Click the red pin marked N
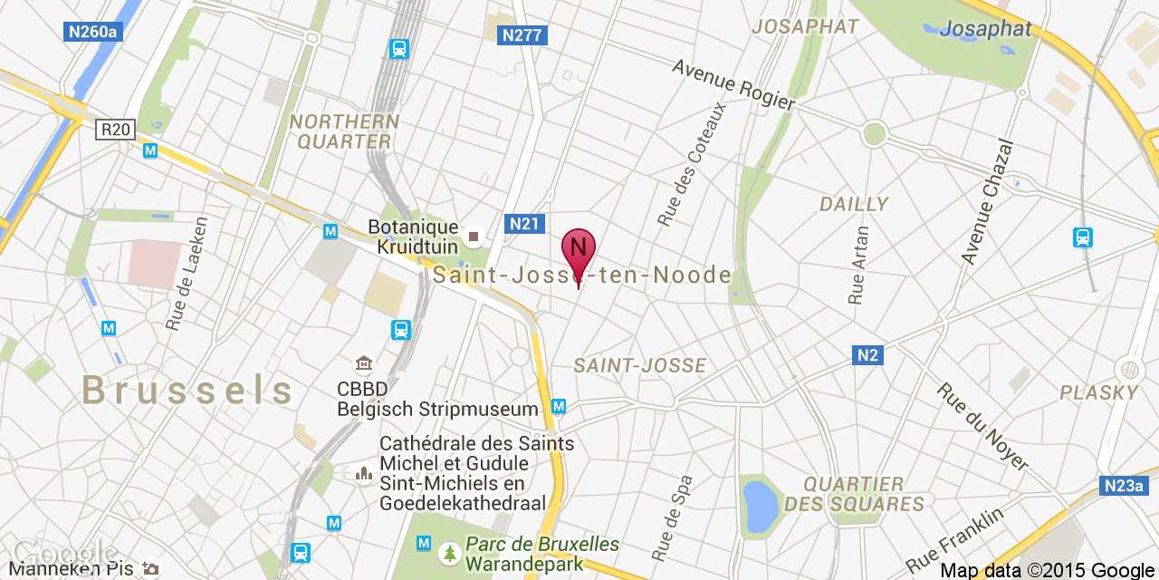(x=579, y=247)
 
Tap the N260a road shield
(x=94, y=32)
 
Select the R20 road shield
(x=115, y=130)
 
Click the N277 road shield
(x=522, y=35)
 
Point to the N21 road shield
(x=525, y=224)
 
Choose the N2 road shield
(x=867, y=355)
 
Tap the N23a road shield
(x=1124, y=486)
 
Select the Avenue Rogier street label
(x=733, y=85)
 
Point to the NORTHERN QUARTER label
(x=344, y=131)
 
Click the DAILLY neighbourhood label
(x=854, y=205)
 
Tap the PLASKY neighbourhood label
(x=1098, y=392)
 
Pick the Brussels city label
(x=187, y=391)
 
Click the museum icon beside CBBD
(x=364, y=364)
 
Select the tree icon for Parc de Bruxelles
(x=449, y=552)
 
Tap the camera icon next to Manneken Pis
(x=150, y=568)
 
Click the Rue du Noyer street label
(x=982, y=427)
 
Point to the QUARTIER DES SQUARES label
(x=854, y=494)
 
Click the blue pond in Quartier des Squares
(x=761, y=506)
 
